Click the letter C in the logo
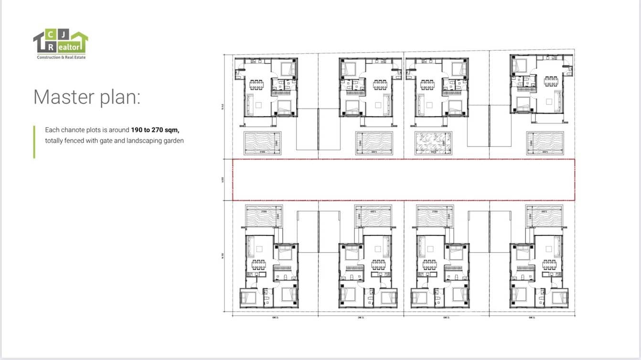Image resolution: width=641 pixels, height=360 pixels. click(51, 34)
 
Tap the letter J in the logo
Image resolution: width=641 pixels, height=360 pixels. click(64, 34)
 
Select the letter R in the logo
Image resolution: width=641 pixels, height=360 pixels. click(51, 47)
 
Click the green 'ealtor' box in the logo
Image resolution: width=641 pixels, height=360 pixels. click(71, 47)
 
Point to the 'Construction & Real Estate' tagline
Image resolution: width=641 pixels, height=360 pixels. click(61, 57)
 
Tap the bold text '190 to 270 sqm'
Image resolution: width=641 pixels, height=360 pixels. click(155, 130)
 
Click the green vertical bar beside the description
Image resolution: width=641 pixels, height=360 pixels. click(34, 141)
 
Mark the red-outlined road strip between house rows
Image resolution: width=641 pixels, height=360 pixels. click(404, 180)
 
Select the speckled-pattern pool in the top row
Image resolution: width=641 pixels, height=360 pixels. click(433, 143)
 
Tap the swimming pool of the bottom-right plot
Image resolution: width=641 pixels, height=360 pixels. click(544, 216)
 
